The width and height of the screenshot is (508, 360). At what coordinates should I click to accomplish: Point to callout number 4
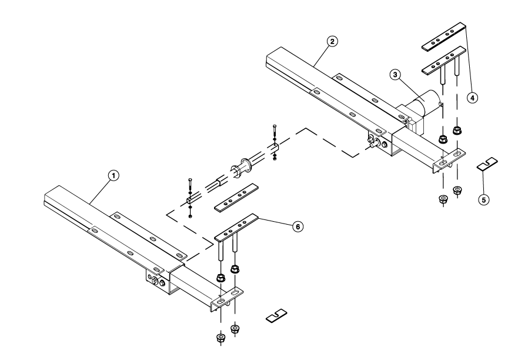click(472, 98)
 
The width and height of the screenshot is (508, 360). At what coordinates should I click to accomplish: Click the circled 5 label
click(483, 200)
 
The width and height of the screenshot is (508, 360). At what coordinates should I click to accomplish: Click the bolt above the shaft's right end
click(274, 133)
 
